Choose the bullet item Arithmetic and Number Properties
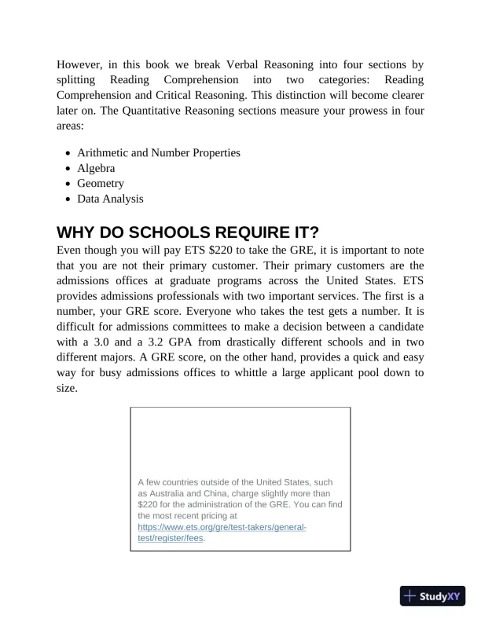[158, 152]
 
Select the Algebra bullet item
[96, 168]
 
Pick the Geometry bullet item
[101, 183]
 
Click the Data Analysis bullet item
[110, 199]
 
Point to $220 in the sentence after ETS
[237, 251]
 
